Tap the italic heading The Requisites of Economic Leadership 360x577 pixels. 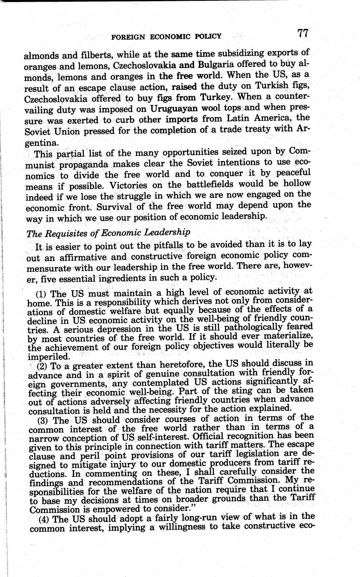(108, 232)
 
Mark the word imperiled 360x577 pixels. (49, 356)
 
